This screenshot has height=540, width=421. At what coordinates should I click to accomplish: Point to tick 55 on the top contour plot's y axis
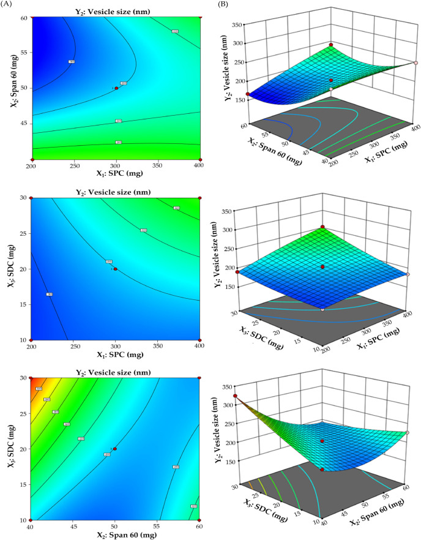[x=24, y=53]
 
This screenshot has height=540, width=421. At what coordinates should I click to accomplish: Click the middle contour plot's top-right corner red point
[x=200, y=198]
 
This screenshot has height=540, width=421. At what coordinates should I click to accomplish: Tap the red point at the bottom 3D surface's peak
[x=235, y=396]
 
